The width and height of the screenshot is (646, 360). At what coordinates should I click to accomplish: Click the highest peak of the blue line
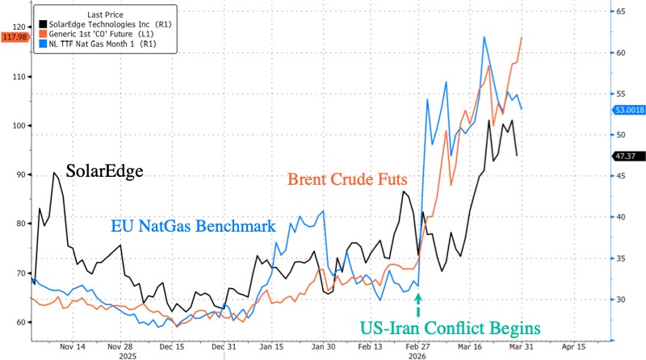pos(484,37)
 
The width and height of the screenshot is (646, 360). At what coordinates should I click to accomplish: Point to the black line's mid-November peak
pos(54,173)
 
